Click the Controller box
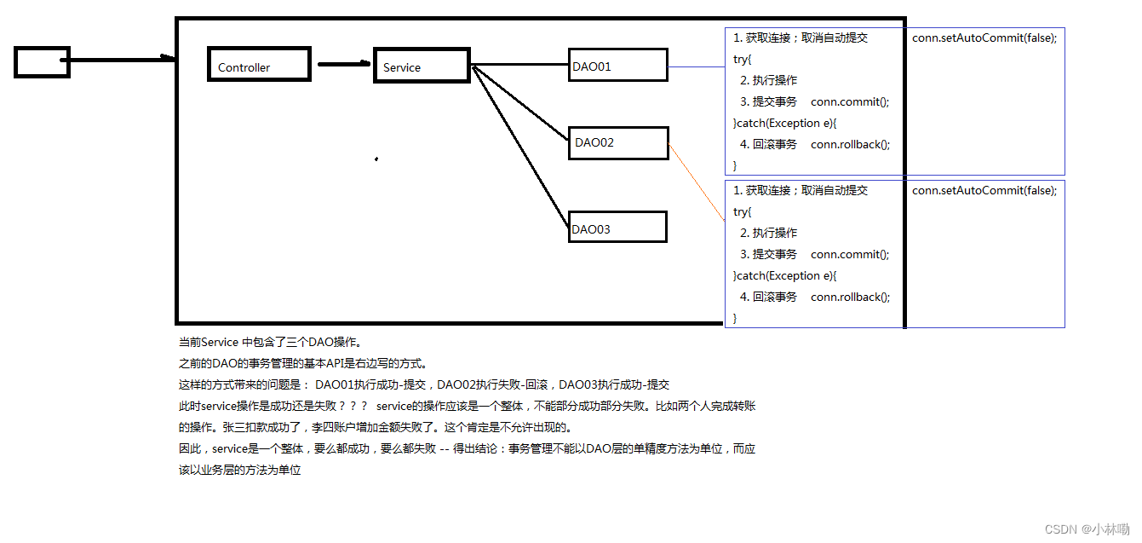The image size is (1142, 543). point(259,65)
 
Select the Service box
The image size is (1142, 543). point(422,66)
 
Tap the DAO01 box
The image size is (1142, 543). point(618,66)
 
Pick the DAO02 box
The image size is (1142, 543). point(620,142)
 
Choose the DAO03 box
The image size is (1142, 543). point(617,228)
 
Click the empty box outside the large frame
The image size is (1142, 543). point(42,61)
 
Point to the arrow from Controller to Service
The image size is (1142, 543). point(344,64)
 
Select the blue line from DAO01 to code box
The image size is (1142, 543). point(696,66)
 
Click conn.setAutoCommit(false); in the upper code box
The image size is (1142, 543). point(984,38)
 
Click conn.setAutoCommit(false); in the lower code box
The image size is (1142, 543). point(984,191)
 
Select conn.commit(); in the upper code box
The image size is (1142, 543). point(850,102)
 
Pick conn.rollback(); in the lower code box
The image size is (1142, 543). point(850,297)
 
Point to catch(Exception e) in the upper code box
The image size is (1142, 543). point(785,124)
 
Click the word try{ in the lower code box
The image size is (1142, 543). point(743,212)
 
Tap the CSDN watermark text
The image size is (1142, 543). point(1087,529)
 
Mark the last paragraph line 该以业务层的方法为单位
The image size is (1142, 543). point(240,471)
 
